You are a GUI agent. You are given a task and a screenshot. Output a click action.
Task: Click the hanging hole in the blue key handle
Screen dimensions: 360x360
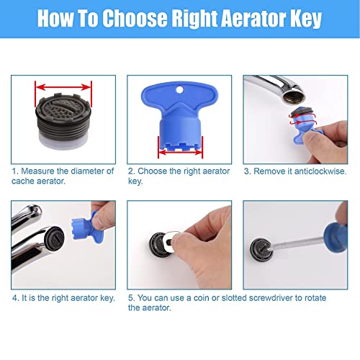pos(181,91)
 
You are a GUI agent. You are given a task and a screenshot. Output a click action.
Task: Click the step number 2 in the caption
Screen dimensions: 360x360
pos(130,171)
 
